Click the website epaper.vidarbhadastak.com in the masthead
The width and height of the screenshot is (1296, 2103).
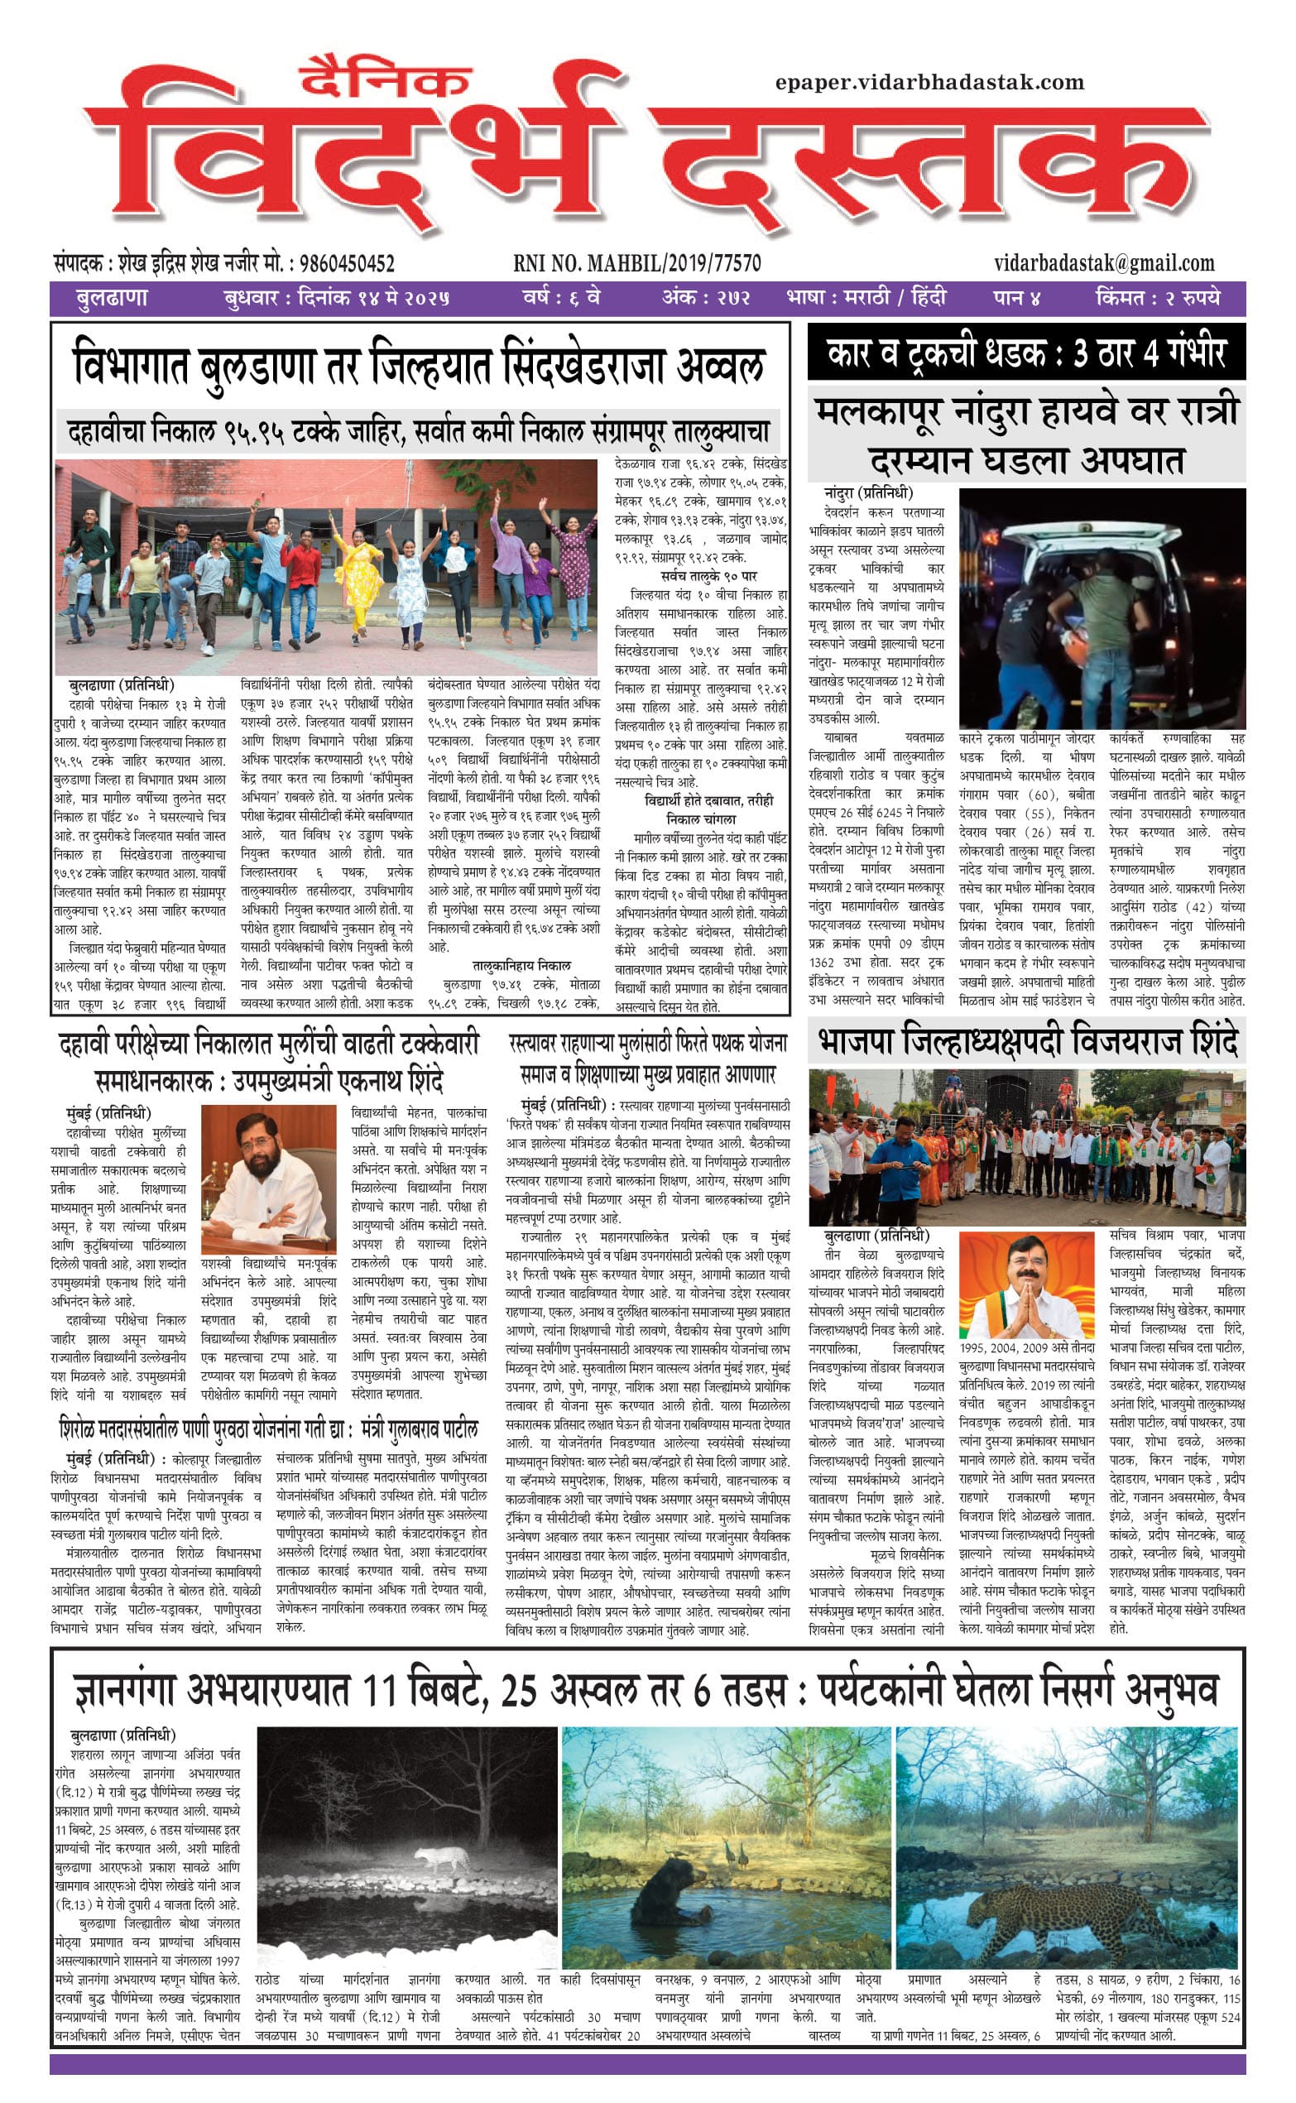[929, 83]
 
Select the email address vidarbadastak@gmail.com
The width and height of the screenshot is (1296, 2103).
[1104, 263]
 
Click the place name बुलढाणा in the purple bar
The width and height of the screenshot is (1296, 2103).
[113, 298]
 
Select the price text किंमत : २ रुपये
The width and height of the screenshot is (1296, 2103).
[1156, 298]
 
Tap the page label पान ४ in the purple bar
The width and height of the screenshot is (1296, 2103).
[1016, 298]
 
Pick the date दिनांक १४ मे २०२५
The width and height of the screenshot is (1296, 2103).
[373, 298]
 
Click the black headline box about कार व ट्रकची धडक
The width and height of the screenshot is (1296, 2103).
[1025, 353]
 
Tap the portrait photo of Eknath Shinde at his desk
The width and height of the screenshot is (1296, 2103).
[268, 1179]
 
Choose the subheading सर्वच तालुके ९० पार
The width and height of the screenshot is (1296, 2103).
[709, 576]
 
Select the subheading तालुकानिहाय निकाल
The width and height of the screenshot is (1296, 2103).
[521, 965]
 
